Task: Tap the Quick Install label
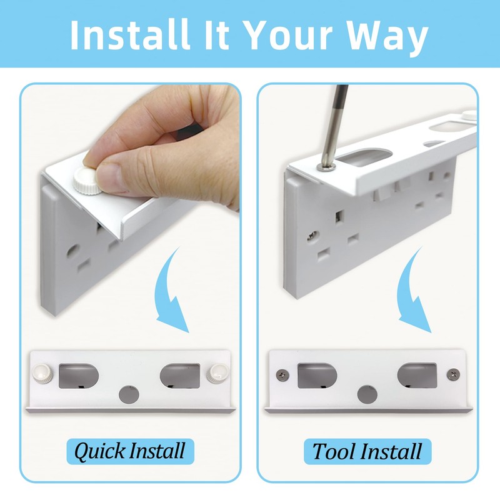click(129, 450)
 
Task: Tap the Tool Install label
click(367, 451)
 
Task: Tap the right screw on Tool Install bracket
click(452, 374)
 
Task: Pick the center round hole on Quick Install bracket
click(127, 395)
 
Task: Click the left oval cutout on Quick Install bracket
click(77, 376)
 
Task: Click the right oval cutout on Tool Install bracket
click(416, 375)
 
